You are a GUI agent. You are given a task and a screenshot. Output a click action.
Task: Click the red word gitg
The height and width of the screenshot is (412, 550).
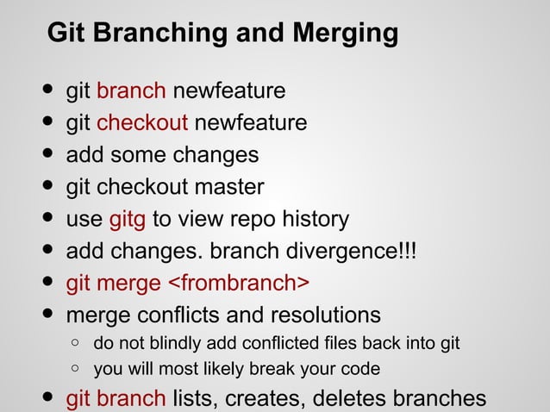(127, 219)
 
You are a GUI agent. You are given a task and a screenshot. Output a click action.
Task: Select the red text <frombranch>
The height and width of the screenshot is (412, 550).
(238, 283)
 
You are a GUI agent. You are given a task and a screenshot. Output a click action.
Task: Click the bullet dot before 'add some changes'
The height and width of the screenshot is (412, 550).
(44, 155)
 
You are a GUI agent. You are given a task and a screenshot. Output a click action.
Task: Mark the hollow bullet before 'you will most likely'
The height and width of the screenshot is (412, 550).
(76, 370)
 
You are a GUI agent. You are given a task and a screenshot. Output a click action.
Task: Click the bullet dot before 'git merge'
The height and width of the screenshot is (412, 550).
(44, 283)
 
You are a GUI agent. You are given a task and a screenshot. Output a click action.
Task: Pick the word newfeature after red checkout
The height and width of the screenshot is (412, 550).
(250, 123)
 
